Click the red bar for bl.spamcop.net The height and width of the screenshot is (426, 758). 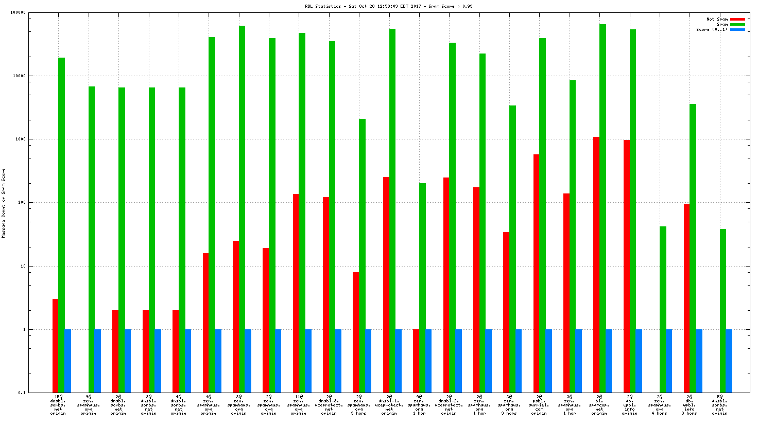click(x=596, y=264)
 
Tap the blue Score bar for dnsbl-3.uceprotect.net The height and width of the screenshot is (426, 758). click(x=338, y=361)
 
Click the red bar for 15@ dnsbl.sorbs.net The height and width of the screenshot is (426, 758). click(x=55, y=345)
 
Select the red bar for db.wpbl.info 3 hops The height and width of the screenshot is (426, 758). click(x=686, y=298)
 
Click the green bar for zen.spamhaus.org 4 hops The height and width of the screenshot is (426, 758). click(x=663, y=309)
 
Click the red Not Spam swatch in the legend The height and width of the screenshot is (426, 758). click(x=737, y=19)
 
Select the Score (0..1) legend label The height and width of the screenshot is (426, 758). click(x=711, y=29)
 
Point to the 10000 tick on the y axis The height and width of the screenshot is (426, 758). click(x=19, y=76)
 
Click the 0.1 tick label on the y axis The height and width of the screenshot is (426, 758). click(x=22, y=393)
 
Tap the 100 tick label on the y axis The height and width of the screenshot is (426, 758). click(x=21, y=203)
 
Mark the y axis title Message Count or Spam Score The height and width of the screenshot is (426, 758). click(x=4, y=203)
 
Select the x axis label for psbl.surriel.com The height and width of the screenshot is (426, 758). click(x=539, y=404)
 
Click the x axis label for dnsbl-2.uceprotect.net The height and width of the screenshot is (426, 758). click(x=449, y=404)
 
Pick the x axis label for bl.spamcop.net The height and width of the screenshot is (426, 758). click(x=599, y=404)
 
